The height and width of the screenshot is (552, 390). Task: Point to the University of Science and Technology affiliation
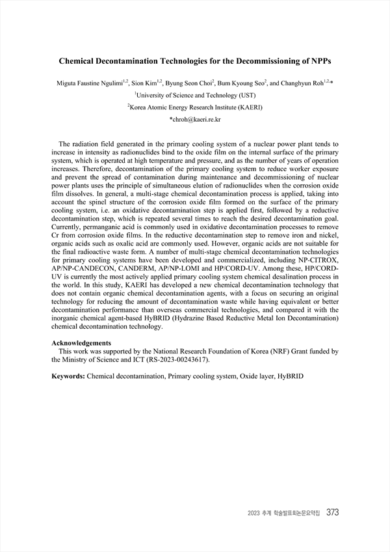(196, 95)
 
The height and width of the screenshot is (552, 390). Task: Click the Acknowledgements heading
(81, 343)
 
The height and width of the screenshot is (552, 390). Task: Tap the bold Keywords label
(68, 376)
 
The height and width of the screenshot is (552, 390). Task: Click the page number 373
(332, 512)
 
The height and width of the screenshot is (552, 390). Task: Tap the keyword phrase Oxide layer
(255, 376)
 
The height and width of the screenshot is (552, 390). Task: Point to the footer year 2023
(255, 513)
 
